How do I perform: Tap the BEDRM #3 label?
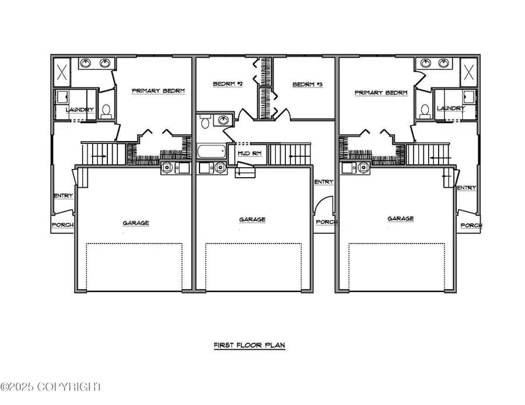[307, 84]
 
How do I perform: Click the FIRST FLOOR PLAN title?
[249, 346]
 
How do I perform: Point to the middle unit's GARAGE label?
[253, 220]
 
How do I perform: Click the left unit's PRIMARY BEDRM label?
[158, 91]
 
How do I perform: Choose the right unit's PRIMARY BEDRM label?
[381, 93]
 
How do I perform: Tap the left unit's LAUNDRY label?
[80, 110]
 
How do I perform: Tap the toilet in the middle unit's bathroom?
[205, 122]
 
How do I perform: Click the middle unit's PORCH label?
[326, 222]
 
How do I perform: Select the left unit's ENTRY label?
[63, 196]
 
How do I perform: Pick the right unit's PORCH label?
[471, 226]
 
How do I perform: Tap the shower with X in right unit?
[469, 72]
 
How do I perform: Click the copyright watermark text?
[51, 387]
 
